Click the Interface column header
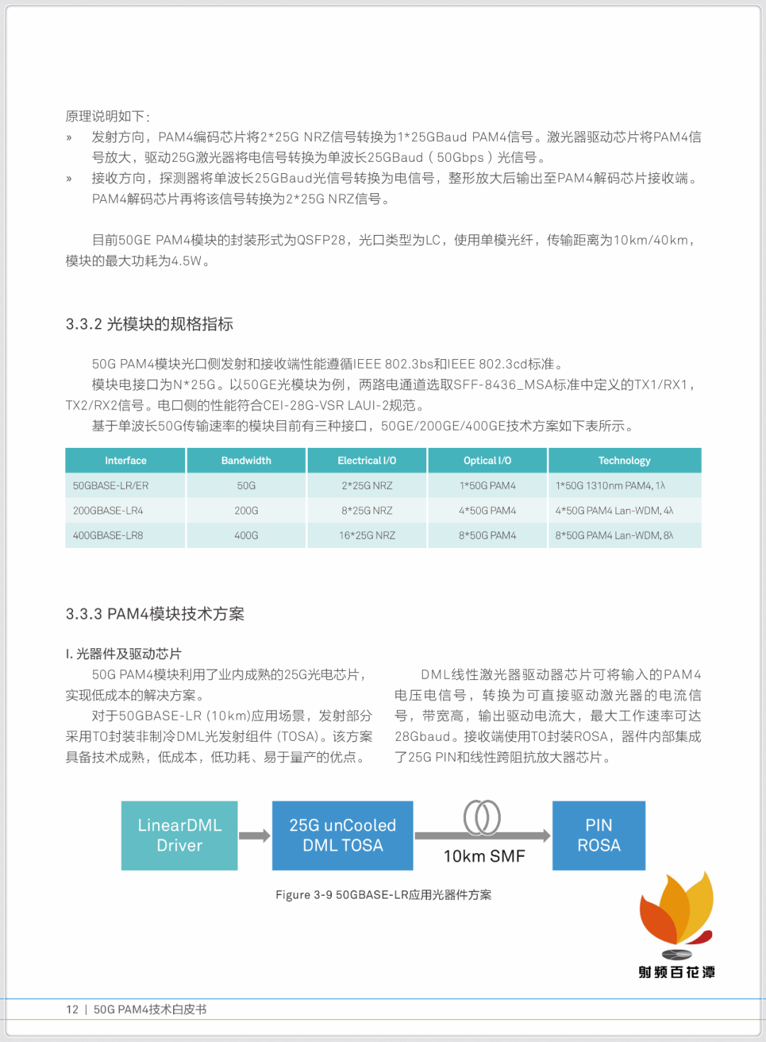point(126,461)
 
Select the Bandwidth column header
point(246,461)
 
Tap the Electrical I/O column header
point(367,461)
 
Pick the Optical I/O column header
point(487,461)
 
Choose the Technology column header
point(624,461)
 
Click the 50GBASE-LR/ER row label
point(111,486)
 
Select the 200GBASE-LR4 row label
point(108,510)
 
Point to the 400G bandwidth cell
point(246,535)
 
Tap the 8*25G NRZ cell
point(367,510)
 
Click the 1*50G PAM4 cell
point(487,486)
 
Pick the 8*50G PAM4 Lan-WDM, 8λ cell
point(614,535)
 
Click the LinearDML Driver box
point(179,835)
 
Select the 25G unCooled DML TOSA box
point(343,835)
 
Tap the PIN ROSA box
point(599,835)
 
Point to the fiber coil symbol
point(482,817)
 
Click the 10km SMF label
point(484,857)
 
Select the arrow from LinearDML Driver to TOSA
point(255,836)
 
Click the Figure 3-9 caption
point(383,895)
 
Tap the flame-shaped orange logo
point(677,912)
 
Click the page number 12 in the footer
point(72,1009)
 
